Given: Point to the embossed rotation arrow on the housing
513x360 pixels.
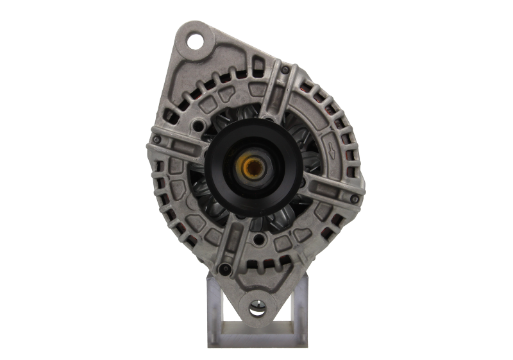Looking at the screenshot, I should pos(332,151).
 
